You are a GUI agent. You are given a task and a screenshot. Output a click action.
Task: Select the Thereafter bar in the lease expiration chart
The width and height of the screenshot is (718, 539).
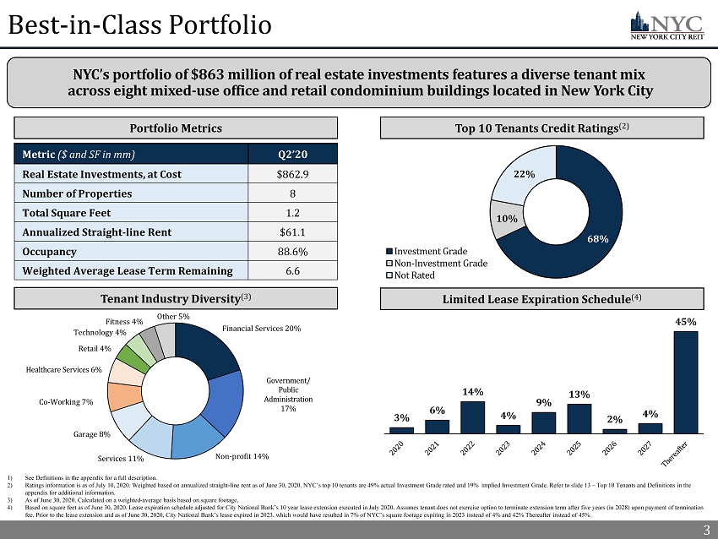click(685, 381)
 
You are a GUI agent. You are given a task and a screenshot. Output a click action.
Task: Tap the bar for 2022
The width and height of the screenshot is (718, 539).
click(472, 416)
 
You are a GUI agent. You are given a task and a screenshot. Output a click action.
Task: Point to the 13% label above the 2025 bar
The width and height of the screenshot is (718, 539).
click(579, 395)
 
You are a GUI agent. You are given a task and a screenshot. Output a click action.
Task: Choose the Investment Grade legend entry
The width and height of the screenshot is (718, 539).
click(428, 252)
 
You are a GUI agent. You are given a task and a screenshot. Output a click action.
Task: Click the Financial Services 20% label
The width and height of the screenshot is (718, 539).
click(261, 328)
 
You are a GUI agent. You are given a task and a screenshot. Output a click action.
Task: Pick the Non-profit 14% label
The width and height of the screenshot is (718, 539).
click(242, 456)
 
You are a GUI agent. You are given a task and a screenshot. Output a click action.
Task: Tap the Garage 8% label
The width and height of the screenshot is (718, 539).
click(92, 434)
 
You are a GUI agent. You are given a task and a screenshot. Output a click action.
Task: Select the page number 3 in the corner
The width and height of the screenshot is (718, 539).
click(705, 530)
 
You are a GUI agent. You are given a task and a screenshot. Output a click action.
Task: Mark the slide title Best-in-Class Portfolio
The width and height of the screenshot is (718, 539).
click(139, 25)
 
